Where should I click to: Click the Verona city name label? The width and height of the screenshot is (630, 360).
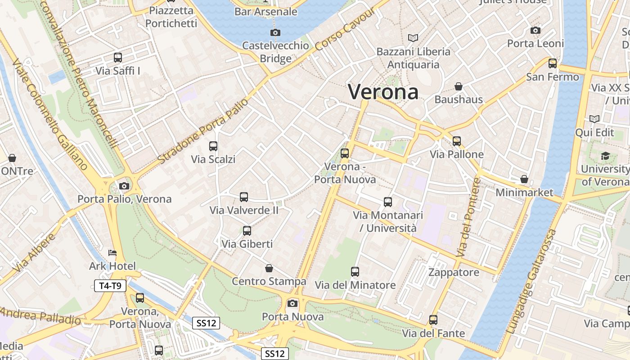[x=383, y=92]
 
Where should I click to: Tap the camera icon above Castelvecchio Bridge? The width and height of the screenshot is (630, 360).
[x=275, y=32]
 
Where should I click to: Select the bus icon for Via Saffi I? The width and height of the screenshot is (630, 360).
[x=118, y=58]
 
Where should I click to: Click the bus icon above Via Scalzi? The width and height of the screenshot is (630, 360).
[x=213, y=146]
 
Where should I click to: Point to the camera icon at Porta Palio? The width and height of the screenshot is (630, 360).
[x=124, y=186]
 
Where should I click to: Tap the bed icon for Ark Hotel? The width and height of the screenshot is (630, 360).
[x=112, y=253]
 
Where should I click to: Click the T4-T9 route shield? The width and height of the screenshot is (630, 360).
[x=110, y=285]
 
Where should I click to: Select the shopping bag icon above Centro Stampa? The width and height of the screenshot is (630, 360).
[x=269, y=268]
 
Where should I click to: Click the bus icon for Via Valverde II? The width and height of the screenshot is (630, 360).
[x=244, y=197]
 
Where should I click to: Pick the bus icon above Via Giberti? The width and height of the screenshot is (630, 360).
[x=247, y=231]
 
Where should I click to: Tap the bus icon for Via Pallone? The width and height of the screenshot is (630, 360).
[x=457, y=141]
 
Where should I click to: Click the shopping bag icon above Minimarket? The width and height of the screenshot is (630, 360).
[x=524, y=179]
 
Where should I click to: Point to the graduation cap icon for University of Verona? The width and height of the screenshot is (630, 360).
[x=605, y=156]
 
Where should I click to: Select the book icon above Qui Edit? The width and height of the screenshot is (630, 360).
[x=594, y=119]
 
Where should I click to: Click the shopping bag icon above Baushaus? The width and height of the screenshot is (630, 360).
[x=459, y=86]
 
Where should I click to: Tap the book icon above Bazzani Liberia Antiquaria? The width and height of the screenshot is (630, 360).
[x=413, y=38]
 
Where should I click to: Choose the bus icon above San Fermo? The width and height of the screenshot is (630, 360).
[x=553, y=63]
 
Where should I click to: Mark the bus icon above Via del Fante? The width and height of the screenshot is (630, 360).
[x=433, y=320]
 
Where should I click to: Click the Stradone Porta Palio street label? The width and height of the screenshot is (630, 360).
[x=203, y=131]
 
